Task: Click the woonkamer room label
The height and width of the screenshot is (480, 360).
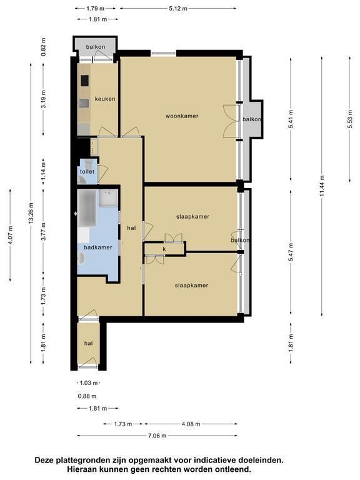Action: click(182, 116)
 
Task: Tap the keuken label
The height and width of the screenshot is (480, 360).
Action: click(105, 99)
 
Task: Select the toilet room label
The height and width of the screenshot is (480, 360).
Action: click(87, 171)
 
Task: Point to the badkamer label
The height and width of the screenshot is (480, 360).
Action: click(98, 247)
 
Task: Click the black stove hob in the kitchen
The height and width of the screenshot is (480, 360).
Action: click(85, 81)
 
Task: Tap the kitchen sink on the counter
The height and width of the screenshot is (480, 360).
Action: click(84, 104)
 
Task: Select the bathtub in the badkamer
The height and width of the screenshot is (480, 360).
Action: click(87, 209)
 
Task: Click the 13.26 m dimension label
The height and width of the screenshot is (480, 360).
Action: click(31, 213)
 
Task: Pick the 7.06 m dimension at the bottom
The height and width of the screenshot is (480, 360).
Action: click(157, 436)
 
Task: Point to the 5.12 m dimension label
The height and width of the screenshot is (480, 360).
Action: click(178, 9)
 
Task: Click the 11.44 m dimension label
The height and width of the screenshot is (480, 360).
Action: click(322, 186)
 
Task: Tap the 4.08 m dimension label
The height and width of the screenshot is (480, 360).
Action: click(191, 424)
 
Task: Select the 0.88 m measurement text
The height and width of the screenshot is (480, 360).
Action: click(87, 396)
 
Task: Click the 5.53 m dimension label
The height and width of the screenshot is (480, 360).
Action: click(350, 119)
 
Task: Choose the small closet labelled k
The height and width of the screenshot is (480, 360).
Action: click(164, 249)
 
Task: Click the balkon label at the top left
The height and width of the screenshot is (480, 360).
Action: click(96, 47)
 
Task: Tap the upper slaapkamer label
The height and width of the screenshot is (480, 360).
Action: click(193, 216)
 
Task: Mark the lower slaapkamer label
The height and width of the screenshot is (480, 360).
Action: click(192, 285)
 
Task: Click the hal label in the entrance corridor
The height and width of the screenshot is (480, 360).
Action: click(89, 344)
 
